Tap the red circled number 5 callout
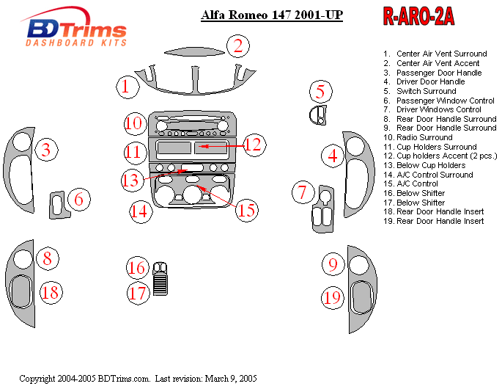[320, 92]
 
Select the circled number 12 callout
[253, 145]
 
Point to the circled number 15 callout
[246, 211]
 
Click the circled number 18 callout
[50, 292]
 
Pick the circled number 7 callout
[302, 192]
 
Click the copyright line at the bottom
[138, 379]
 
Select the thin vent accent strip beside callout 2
[194, 51]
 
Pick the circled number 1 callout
[126, 87]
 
